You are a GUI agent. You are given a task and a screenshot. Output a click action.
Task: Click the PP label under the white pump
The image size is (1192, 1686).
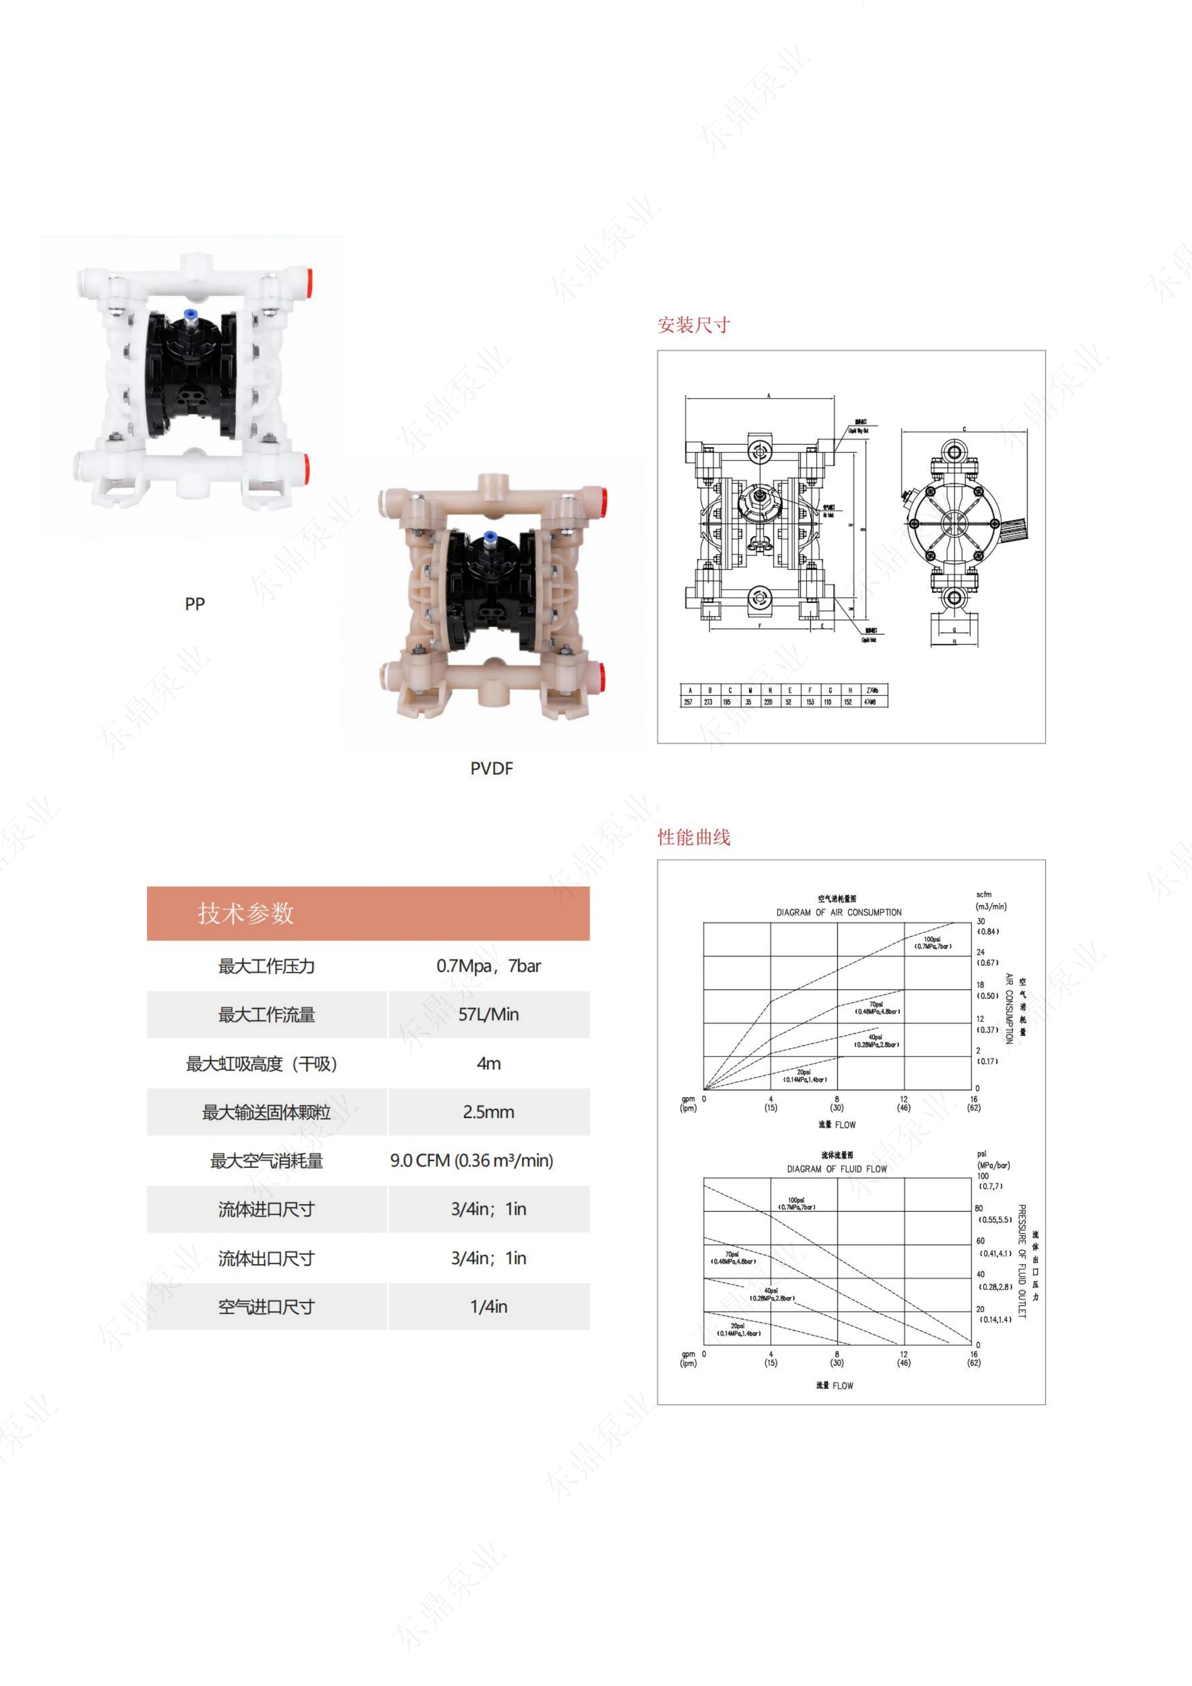click(195, 604)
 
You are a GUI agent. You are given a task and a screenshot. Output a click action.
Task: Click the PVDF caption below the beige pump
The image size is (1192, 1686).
click(491, 768)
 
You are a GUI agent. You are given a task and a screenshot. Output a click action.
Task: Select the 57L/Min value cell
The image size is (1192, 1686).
click(488, 1014)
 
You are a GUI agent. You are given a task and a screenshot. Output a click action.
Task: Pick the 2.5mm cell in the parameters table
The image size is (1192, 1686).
click(488, 1112)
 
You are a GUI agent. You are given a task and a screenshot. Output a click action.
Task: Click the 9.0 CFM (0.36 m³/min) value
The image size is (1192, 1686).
click(472, 1160)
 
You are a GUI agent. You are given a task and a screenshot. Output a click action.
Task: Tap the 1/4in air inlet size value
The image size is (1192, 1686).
click(488, 1306)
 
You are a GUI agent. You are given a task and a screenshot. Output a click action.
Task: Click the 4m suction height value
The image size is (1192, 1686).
click(488, 1063)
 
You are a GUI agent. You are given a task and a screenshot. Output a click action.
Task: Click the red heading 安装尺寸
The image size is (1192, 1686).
click(693, 324)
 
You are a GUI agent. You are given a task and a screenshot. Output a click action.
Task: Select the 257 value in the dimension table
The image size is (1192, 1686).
click(688, 702)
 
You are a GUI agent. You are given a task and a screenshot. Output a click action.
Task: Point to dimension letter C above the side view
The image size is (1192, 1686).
click(964, 430)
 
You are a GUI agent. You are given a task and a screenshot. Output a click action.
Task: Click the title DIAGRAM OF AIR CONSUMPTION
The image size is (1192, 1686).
click(839, 912)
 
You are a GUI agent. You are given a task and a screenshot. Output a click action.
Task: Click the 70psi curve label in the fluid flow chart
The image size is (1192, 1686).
click(732, 1258)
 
